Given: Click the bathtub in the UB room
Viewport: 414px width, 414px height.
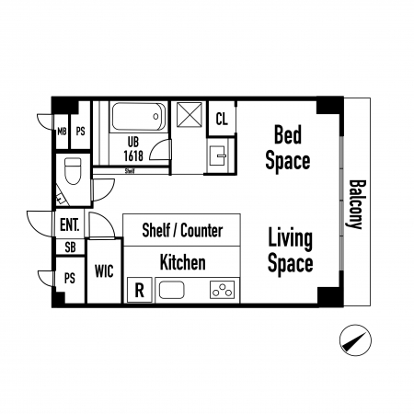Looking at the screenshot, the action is [x=139, y=117].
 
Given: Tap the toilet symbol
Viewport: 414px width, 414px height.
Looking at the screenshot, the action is [x=74, y=171].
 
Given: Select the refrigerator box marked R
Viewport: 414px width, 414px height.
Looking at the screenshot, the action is [x=140, y=290].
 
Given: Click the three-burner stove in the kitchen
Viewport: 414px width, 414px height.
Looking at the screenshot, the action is [x=223, y=290].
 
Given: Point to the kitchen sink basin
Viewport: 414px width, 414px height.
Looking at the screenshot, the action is [x=172, y=290].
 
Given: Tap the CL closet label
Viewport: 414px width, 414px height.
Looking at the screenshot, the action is [x=222, y=119].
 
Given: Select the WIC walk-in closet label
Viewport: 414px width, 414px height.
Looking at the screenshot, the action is [x=104, y=271].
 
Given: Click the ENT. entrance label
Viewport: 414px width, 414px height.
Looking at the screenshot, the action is [x=70, y=224].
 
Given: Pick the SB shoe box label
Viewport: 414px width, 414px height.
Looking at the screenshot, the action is [x=70, y=247].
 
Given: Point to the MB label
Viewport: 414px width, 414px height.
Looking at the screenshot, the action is [x=62, y=132].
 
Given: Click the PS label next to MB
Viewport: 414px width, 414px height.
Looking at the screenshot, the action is [x=80, y=132].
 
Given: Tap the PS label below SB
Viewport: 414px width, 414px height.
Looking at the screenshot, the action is [x=70, y=279].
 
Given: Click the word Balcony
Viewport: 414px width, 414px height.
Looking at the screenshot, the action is [x=356, y=204].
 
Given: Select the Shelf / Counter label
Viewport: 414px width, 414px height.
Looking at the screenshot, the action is [x=182, y=231].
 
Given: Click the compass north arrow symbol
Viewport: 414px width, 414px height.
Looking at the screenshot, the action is [x=355, y=340].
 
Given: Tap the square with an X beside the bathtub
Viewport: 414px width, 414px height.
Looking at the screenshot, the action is [x=190, y=114].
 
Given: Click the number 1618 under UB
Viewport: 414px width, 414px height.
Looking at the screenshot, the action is [x=133, y=155].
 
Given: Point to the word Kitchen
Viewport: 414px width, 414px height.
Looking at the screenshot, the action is [x=183, y=262].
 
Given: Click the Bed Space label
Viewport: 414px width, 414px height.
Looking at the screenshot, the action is [x=288, y=147].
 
